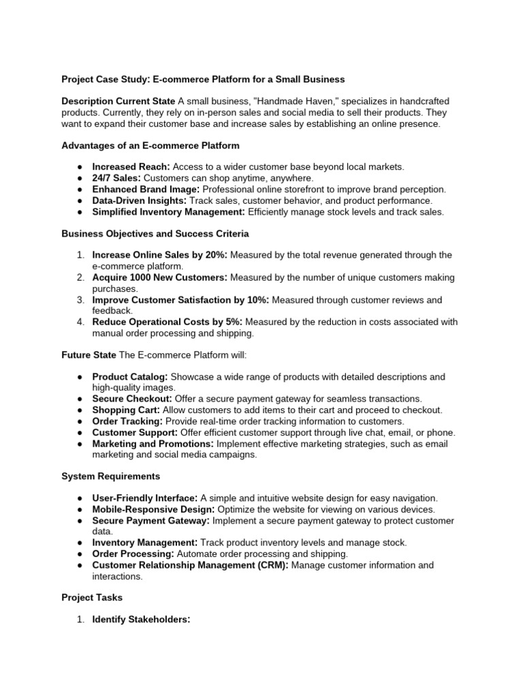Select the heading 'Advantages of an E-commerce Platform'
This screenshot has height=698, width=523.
click(150, 145)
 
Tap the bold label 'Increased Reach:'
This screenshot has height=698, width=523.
click(131, 167)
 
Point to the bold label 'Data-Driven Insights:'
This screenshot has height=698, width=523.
click(139, 200)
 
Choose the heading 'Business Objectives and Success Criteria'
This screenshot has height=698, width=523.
click(155, 234)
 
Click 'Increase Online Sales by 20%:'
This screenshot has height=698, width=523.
click(159, 256)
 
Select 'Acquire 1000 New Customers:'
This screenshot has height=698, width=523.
click(160, 278)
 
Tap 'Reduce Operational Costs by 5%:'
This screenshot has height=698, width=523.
click(168, 322)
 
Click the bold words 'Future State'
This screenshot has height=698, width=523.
click(89, 355)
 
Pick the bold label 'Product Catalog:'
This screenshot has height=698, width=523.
click(130, 377)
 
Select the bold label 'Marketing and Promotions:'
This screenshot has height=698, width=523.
click(153, 444)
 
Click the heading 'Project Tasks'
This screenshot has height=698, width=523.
click(92, 598)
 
